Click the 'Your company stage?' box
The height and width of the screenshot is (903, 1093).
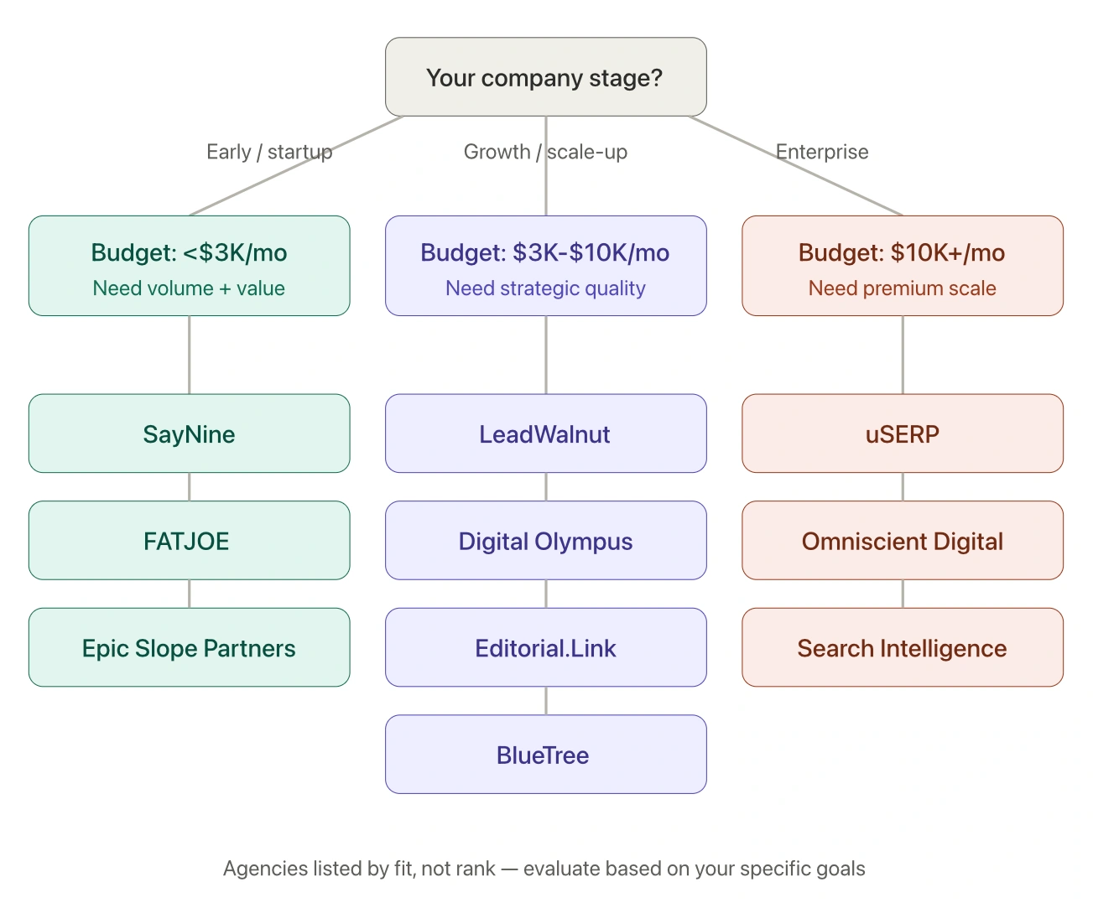pyautogui.click(x=545, y=77)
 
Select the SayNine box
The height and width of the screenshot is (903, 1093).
pyautogui.click(x=189, y=433)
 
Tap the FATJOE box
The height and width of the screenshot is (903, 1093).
pyautogui.click(x=189, y=541)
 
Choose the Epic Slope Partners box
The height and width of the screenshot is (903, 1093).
pyautogui.click(x=189, y=648)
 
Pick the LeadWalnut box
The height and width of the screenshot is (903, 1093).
pyautogui.click(x=545, y=433)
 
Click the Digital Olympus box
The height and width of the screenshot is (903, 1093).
pyautogui.click(x=545, y=541)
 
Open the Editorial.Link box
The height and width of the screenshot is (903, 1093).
pyautogui.click(x=545, y=648)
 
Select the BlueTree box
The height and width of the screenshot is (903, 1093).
pyautogui.click(x=545, y=755)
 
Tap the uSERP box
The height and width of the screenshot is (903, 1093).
pyautogui.click(x=902, y=433)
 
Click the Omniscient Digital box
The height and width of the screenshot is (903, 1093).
pyautogui.click(x=902, y=541)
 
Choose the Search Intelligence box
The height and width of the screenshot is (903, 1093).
pyautogui.click(x=902, y=648)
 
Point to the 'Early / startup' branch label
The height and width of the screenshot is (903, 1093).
pyautogui.click(x=269, y=152)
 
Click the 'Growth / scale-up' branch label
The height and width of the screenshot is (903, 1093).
pyautogui.click(x=545, y=152)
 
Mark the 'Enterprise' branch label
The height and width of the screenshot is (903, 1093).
pyautogui.click(x=822, y=152)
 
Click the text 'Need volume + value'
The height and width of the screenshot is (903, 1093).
pyautogui.click(x=189, y=288)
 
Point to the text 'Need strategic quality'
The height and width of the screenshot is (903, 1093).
pyautogui.click(x=545, y=288)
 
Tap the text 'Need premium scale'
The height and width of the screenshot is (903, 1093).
pyautogui.click(x=902, y=288)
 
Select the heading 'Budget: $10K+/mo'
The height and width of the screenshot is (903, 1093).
pyautogui.click(x=902, y=252)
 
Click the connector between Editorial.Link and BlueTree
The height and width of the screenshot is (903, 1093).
pyautogui.click(x=546, y=701)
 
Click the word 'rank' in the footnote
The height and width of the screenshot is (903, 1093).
pyautogui.click(x=476, y=869)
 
